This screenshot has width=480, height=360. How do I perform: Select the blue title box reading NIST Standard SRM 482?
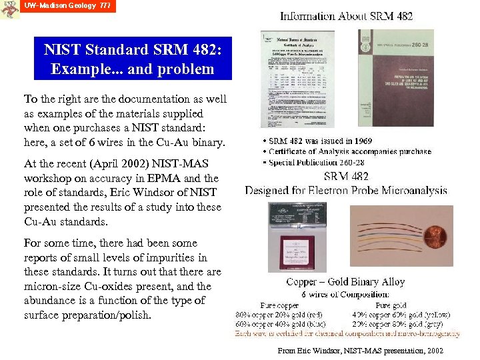tap(133, 59)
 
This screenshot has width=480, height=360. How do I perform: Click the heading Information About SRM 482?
tap(346, 16)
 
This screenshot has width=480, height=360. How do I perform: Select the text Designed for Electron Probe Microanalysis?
tap(346, 191)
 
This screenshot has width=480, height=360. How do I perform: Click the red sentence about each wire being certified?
tap(347, 333)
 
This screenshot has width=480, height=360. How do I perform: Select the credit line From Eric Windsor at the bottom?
tap(360, 351)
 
